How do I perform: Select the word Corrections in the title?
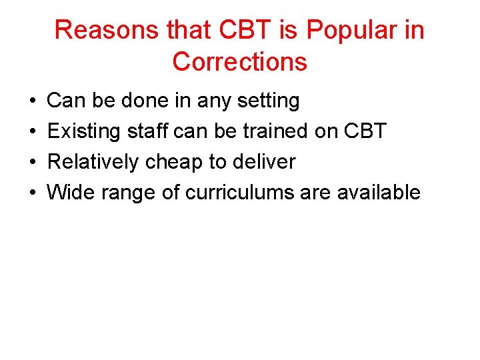(240, 61)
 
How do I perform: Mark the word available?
(379, 193)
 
